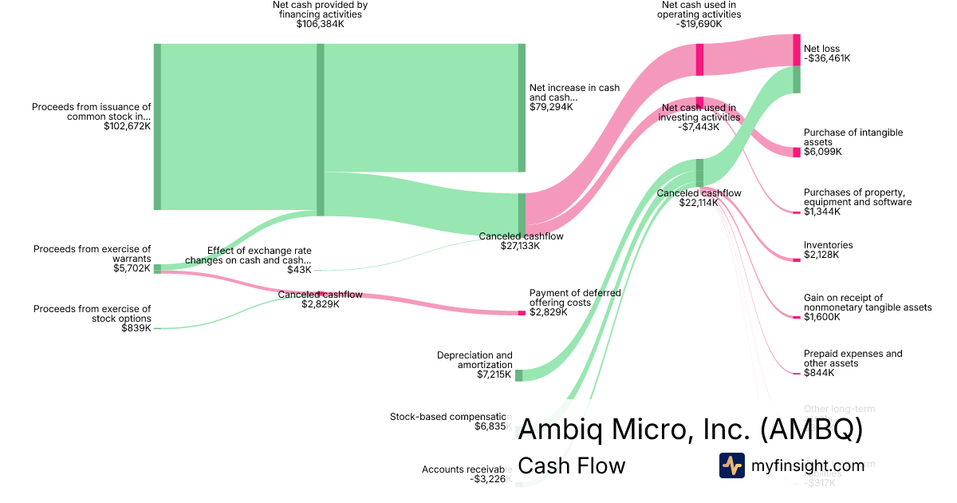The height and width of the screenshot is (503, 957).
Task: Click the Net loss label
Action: (821, 49)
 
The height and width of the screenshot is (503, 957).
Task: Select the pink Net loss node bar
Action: (796, 50)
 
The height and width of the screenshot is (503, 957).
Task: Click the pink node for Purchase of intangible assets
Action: (796, 152)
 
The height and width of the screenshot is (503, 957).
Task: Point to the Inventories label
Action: (828, 245)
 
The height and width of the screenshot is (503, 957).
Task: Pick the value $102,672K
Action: (127, 125)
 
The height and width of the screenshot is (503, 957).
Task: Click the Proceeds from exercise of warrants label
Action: (92, 254)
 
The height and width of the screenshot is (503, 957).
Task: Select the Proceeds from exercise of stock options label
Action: (92, 314)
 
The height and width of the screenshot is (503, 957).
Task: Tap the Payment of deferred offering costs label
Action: (575, 298)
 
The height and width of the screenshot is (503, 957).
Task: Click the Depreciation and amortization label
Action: (475, 360)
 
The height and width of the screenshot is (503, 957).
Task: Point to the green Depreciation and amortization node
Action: (518, 375)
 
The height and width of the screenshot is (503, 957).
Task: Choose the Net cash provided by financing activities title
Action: (320, 10)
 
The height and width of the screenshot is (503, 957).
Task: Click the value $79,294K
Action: (551, 107)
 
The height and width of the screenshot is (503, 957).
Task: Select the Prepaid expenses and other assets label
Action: (853, 358)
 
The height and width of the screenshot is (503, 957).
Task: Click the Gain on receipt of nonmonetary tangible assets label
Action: (868, 303)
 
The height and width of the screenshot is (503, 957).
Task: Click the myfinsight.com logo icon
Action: (731, 465)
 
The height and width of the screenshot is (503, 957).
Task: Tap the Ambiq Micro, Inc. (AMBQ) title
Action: (691, 430)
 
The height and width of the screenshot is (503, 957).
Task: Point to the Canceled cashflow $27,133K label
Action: (521, 236)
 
